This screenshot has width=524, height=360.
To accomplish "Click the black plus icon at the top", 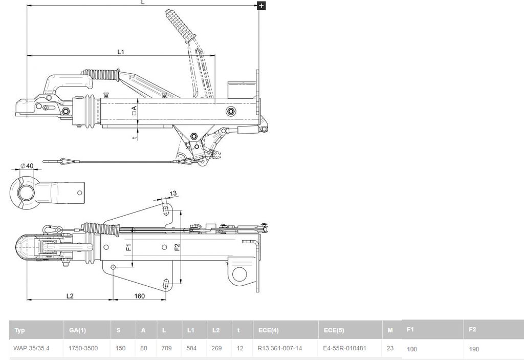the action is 261,5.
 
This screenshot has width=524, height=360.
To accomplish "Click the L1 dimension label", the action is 121,52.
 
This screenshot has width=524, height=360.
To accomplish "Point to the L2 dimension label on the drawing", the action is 70,296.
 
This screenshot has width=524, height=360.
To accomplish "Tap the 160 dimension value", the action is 139,296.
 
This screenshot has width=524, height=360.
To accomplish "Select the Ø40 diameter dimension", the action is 27,165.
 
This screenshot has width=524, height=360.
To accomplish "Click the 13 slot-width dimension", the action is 173,194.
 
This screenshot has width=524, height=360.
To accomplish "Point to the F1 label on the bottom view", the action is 128,247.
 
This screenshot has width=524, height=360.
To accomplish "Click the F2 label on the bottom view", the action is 177,247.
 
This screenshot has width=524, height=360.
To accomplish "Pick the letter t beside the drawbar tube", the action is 135,138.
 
